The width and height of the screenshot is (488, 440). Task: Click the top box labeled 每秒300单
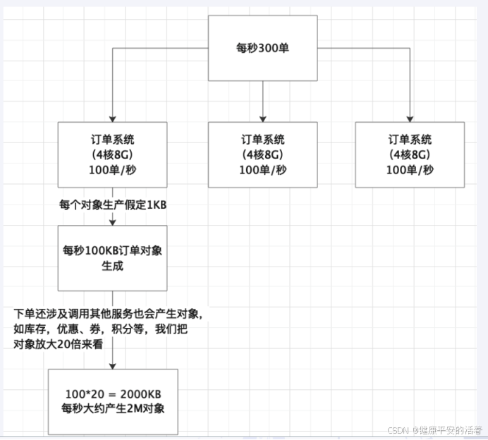[262, 49]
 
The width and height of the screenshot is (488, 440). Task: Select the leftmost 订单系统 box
[113, 154]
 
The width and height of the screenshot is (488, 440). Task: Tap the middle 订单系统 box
[262, 154]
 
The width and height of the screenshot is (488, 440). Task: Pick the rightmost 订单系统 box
[409, 154]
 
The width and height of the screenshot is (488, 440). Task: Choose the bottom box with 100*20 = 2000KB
[113, 401]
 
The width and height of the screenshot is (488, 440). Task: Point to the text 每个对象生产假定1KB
[113, 205]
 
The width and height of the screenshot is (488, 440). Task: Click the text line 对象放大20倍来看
[59, 345]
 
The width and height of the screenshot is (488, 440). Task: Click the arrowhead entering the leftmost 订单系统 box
[113, 118]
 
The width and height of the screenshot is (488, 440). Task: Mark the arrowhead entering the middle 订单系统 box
[262, 118]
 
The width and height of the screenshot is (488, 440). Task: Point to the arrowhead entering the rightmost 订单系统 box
[410, 118]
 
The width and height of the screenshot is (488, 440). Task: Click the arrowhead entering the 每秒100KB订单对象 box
[113, 222]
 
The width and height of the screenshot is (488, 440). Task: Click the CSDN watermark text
[434, 429]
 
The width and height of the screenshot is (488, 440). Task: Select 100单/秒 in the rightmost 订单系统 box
[409, 170]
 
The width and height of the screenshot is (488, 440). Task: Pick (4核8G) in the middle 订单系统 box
[262, 154]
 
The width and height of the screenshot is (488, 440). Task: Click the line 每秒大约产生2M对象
[113, 409]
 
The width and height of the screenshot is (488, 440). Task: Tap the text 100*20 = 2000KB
[113, 393]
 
